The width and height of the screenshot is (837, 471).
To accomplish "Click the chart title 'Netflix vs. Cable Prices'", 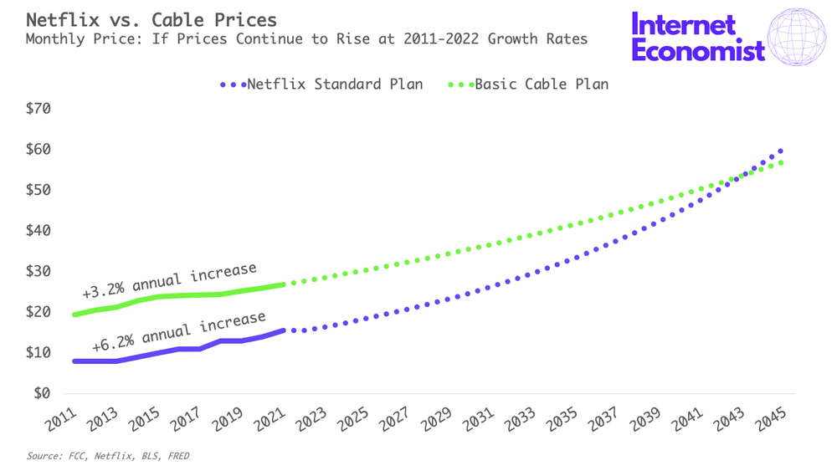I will pos(151,18).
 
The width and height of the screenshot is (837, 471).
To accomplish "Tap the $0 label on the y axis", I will pos(41,393).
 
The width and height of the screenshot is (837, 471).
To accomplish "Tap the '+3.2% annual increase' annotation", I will pos(169,280).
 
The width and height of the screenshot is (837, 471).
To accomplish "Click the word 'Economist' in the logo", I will pos(698,51).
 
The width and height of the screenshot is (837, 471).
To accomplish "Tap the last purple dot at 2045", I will pos(780,151).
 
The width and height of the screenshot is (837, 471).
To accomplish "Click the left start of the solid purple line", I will pos(75,361).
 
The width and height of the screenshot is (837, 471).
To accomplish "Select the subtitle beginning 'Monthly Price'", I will pos(306,38).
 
